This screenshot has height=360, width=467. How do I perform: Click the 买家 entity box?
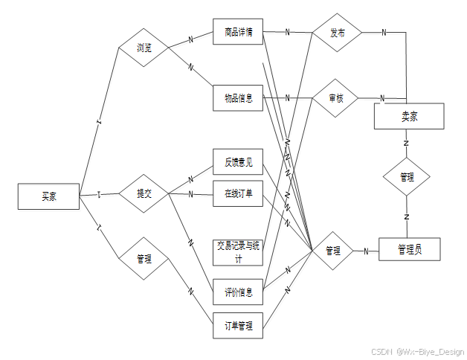coord(48,196)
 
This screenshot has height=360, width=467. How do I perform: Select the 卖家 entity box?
coord(409,116)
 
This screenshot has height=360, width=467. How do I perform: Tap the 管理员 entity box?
coord(409,249)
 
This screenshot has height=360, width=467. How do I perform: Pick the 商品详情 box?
coord(238,32)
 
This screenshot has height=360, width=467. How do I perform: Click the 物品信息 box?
coord(238,97)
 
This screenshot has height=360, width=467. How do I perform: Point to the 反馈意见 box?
coord(238,161)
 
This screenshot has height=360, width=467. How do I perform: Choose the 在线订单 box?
coord(238,194)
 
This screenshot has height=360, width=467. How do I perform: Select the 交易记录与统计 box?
coord(238,252)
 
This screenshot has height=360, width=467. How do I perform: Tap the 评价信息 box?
coord(238,292)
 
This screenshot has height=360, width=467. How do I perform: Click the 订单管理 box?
coord(238,325)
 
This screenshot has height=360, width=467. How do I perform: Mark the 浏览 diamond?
coord(144,48)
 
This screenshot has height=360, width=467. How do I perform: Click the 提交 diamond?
coord(144,194)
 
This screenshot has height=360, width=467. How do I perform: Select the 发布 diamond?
coord(338,33)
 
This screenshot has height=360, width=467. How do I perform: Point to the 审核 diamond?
coord(335,97)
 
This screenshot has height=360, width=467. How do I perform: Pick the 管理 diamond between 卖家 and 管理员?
coord(407,177)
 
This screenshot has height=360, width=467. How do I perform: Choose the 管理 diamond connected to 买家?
coord(144,259)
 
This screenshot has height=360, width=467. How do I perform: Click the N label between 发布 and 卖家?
coord(384,32)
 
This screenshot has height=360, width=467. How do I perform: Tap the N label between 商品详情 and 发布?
coord(288,32)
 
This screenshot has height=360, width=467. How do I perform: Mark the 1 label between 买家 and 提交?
coord(99,195)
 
